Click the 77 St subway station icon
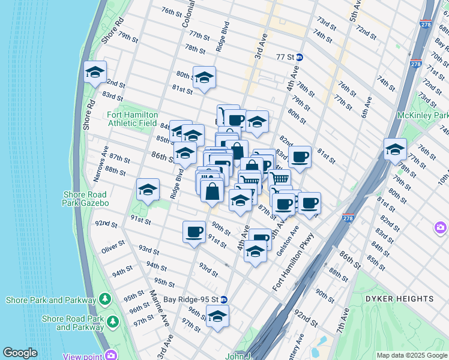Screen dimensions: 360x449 point(299,57)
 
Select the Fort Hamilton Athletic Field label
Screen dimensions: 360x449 point(133,119)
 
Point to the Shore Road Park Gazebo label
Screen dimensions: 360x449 point(85,199)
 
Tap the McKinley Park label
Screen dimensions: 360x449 point(423,115)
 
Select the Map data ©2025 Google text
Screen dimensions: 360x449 point(411,355)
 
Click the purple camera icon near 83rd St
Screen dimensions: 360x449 point(441,227)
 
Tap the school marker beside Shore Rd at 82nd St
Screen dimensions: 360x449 point(95,72)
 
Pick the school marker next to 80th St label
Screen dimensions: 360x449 point(204,77)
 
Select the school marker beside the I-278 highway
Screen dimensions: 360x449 point(395,149)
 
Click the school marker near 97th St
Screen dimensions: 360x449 point(217,316)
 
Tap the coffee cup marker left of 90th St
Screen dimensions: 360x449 point(193,231)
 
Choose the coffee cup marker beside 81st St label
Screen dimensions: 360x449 point(300,157)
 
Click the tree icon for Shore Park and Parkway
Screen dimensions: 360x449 point(105,299)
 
